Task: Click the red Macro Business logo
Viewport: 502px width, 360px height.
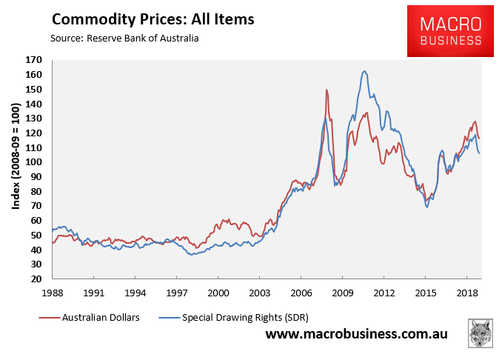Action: (450, 30)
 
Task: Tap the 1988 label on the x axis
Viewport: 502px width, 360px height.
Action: (52, 293)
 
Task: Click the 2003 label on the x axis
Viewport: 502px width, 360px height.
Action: (259, 293)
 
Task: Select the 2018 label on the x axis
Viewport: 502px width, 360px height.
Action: (467, 293)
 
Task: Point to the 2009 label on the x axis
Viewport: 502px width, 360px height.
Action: (342, 293)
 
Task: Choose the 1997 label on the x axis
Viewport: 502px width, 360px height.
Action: (176, 293)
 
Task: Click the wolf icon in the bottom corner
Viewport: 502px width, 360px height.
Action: (481, 334)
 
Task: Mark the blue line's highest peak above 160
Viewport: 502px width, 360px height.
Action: (365, 71)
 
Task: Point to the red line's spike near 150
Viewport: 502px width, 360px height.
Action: (327, 90)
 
